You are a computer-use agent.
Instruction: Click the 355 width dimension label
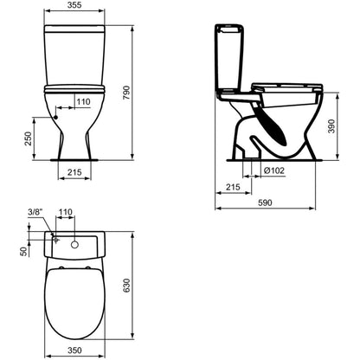74,5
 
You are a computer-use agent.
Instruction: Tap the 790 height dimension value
126,93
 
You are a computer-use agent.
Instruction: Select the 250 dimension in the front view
28,138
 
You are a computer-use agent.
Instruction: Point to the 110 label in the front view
83,101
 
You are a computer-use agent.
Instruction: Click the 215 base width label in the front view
74,172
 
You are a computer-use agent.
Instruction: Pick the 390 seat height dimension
332,126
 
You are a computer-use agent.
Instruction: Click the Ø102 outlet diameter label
274,170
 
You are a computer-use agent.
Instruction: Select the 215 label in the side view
233,187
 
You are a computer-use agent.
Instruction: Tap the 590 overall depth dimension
265,202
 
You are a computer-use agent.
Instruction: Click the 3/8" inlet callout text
35,212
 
